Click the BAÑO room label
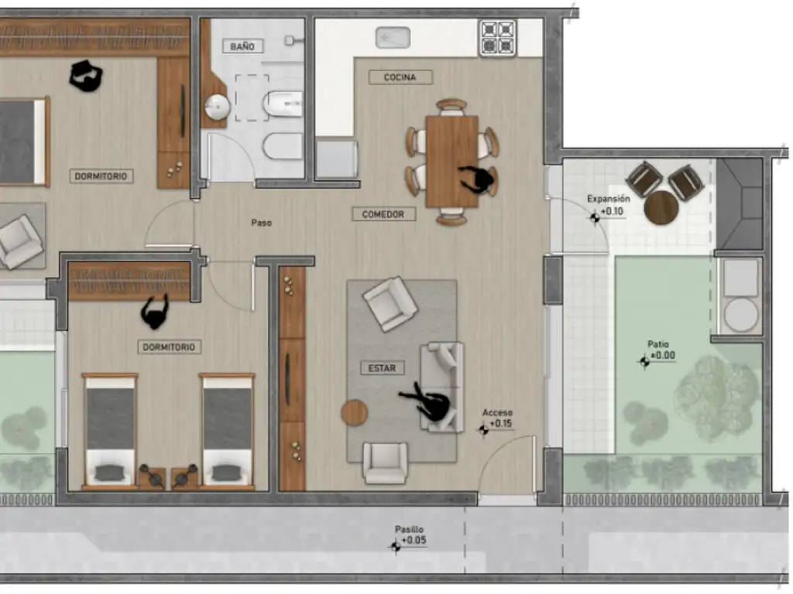point(242,46)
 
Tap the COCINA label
point(400,77)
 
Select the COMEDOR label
point(383,214)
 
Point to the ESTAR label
point(382,368)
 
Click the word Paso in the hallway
point(262,223)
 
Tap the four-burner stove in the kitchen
point(498,37)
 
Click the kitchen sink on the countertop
point(393,38)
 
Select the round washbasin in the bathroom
point(218,107)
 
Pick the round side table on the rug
point(354,413)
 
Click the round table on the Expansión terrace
point(661,207)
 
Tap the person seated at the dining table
point(476,179)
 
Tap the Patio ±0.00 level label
point(657,353)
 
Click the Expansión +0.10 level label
point(608,207)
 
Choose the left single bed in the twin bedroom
point(110,432)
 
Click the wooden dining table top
point(451,162)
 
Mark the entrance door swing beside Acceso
point(506,465)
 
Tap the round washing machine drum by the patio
point(741,315)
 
